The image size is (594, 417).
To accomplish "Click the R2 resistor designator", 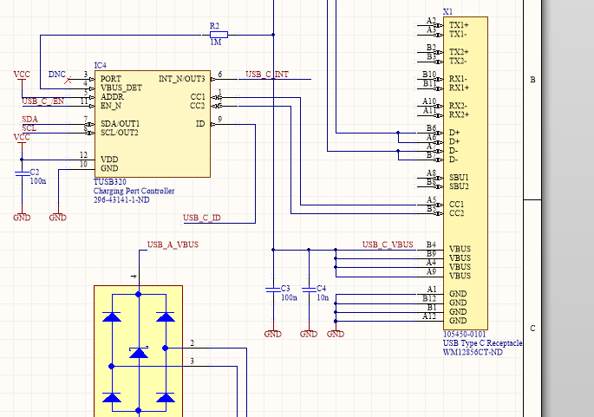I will coord(214,26).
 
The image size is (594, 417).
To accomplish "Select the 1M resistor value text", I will coord(214,42).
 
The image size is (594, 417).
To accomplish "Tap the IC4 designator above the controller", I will coord(101,65).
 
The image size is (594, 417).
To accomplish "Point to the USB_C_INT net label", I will coord(267,75).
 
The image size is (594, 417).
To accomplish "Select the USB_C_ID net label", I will coord(201,218).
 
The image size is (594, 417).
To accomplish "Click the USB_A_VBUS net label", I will coord(173,245).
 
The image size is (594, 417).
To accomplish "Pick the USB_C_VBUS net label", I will coord(388,244).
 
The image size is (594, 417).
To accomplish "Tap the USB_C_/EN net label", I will coord(42,101).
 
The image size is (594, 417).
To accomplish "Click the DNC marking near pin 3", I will coord(56,74).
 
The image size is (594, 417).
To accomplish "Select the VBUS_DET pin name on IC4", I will coord(121,88).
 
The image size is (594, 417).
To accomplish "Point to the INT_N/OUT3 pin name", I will coord(182,78).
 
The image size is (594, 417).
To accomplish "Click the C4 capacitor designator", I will coord(321,288).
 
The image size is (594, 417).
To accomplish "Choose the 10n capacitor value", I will coord(322,297).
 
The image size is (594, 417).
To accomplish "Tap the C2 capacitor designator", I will coord(35,173).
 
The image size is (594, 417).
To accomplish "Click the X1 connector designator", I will coord(447,11).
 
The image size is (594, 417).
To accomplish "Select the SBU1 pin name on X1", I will coord(459,177).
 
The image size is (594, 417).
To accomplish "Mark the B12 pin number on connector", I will coord(429,298).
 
